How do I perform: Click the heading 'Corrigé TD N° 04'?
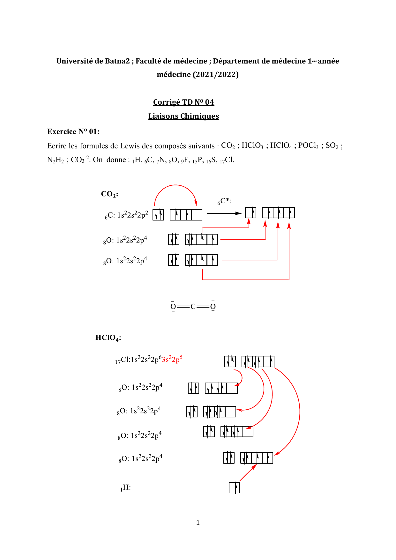coord(183,102)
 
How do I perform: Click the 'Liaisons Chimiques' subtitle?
coord(183,116)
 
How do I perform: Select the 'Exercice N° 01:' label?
coord(73,131)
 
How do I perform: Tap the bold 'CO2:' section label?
coord(109,194)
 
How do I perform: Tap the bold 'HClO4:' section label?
coord(108,338)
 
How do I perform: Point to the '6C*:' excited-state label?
coord(225,202)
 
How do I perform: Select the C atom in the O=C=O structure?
coord(193,307)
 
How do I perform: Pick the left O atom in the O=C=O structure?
coord(173,307)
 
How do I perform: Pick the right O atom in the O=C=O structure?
coord(213,307)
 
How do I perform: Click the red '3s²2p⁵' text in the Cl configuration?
coord(172,360)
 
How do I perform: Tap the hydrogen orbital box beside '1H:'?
coord(234,488)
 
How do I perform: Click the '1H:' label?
coord(126,488)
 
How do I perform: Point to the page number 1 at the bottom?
coord(198,523)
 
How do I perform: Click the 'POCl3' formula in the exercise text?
coord(308,146)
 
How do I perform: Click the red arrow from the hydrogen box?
coord(248,473)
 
